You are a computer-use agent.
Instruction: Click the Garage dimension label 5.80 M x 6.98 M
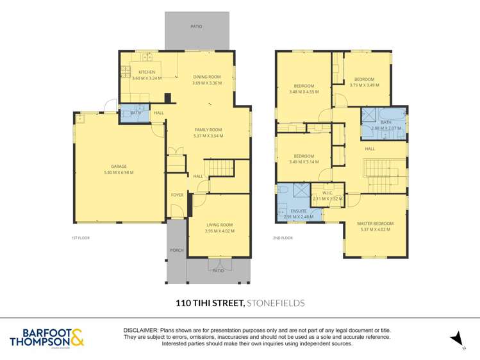(119, 172)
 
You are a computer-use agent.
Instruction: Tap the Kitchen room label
(147, 72)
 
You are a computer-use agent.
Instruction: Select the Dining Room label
(207, 77)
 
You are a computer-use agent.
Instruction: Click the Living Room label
(219, 225)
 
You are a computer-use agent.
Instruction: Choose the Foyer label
(176, 195)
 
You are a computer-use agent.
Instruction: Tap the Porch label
(176, 250)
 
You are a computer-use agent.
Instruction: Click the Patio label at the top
(196, 26)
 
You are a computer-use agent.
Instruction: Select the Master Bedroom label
(375, 224)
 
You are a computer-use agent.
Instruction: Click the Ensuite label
(299, 210)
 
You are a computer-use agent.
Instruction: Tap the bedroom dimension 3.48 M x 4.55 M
(304, 92)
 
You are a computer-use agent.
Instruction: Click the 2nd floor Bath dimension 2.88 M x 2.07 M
(386, 128)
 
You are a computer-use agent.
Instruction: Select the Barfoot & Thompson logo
(46, 337)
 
